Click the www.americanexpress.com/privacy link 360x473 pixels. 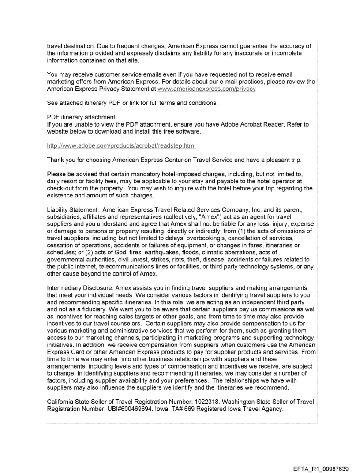[206, 89]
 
